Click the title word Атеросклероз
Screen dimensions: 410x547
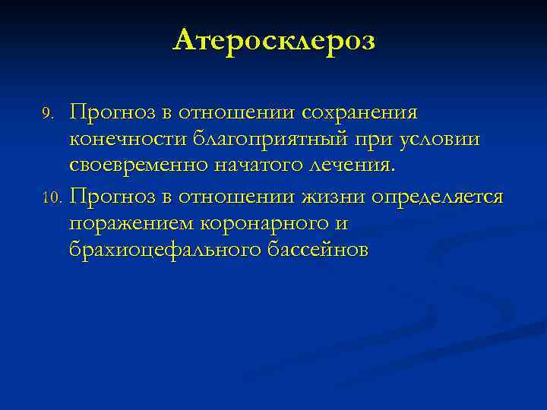point(273,39)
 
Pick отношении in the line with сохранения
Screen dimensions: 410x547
point(238,113)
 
